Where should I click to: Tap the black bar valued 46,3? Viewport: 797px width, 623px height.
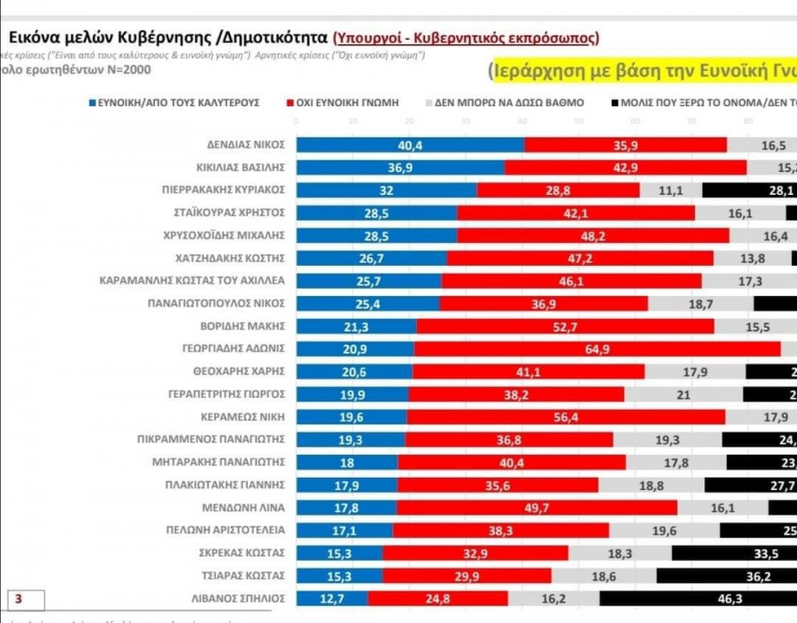pyautogui.click(x=698, y=598)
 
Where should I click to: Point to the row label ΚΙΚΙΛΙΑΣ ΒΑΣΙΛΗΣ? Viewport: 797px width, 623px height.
pyautogui.click(x=240, y=167)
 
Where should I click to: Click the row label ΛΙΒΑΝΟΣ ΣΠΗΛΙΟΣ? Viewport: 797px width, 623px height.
pyautogui.click(x=240, y=598)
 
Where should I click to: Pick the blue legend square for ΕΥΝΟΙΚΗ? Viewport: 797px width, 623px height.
pyautogui.click(x=91, y=103)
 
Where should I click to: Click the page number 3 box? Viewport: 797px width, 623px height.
pyautogui.click(x=18, y=600)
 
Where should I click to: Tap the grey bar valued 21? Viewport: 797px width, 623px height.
pyautogui.click(x=684, y=393)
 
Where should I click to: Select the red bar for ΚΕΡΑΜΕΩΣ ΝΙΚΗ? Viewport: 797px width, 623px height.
pyautogui.click(x=566, y=417)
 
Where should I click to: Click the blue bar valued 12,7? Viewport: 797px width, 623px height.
pyautogui.click(x=331, y=598)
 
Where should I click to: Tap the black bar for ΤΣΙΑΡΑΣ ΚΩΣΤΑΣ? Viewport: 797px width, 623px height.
pyautogui.click(x=726, y=575)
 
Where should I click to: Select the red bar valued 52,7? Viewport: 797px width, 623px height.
pyautogui.click(x=565, y=325)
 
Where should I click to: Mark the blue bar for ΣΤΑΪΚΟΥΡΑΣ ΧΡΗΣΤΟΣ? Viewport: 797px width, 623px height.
pyautogui.click(x=376, y=212)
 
